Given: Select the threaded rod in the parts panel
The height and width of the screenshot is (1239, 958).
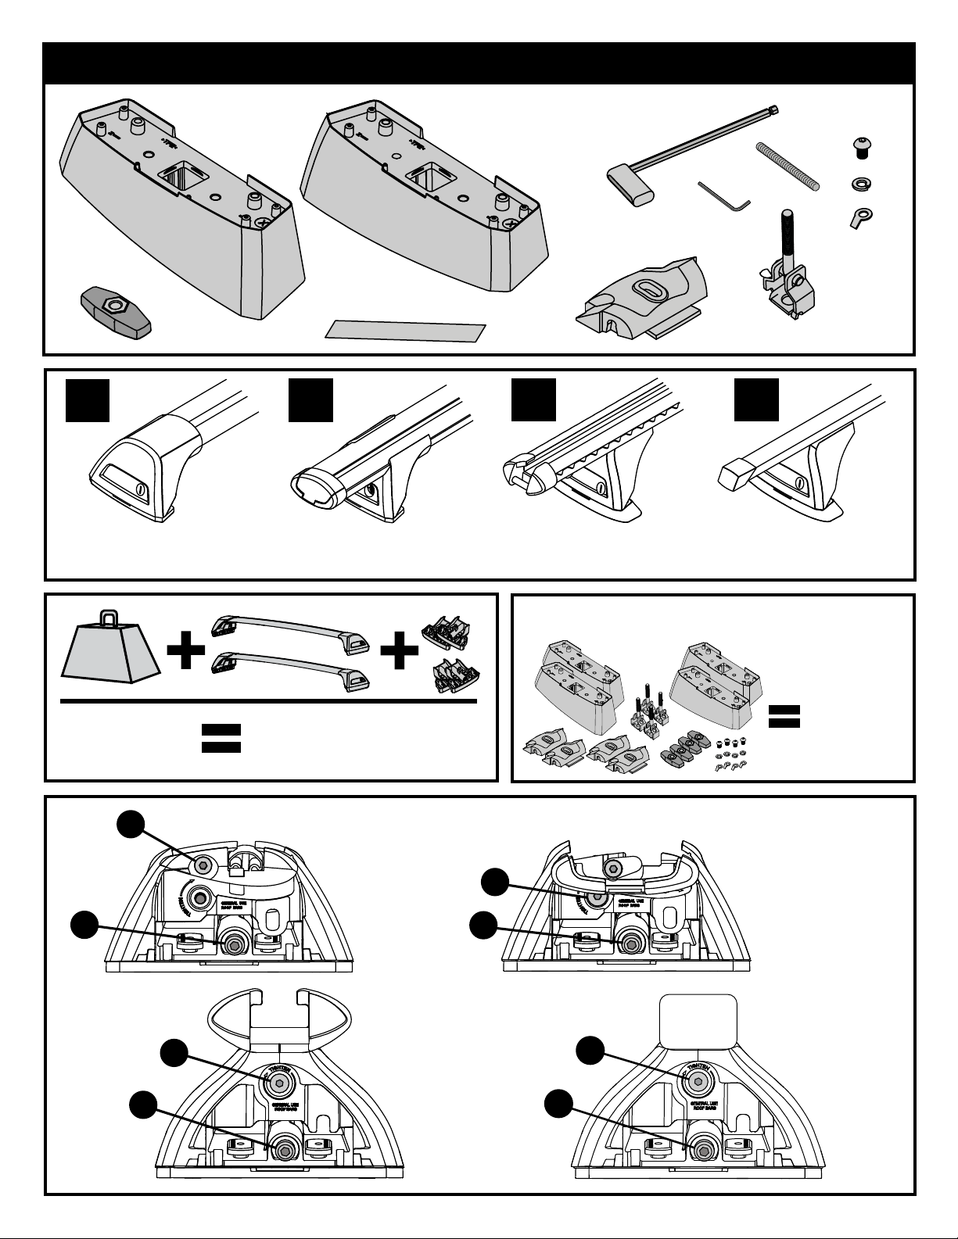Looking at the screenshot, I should pos(788,166).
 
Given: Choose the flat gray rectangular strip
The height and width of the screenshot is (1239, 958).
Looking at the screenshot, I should pos(405,330).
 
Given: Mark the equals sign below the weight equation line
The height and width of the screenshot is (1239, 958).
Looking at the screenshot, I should pos(221,737).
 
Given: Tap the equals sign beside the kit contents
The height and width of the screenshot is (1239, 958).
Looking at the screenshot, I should pos(784,716).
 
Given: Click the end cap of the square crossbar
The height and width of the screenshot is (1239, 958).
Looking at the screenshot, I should pos(735,474).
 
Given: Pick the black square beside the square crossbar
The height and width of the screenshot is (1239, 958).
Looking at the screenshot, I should pos(756,399).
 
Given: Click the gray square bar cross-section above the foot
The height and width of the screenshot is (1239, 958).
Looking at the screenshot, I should pos(698,1020).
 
